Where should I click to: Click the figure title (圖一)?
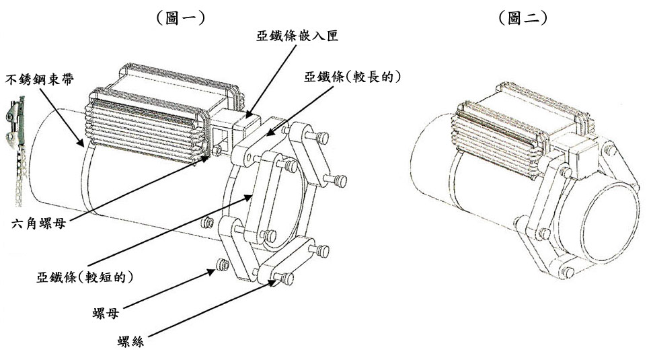coord(181,18)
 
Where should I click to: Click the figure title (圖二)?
coord(523,18)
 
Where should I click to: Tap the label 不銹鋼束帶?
coord(40,79)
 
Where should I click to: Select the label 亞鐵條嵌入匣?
coord(297,36)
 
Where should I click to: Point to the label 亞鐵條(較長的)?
coord(352,77)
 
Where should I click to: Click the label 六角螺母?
coord(39,224)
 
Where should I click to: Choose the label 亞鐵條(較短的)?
coord(85,277)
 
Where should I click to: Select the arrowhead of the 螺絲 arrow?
coord(273,283)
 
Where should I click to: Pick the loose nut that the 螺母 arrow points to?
coord(223,265)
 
